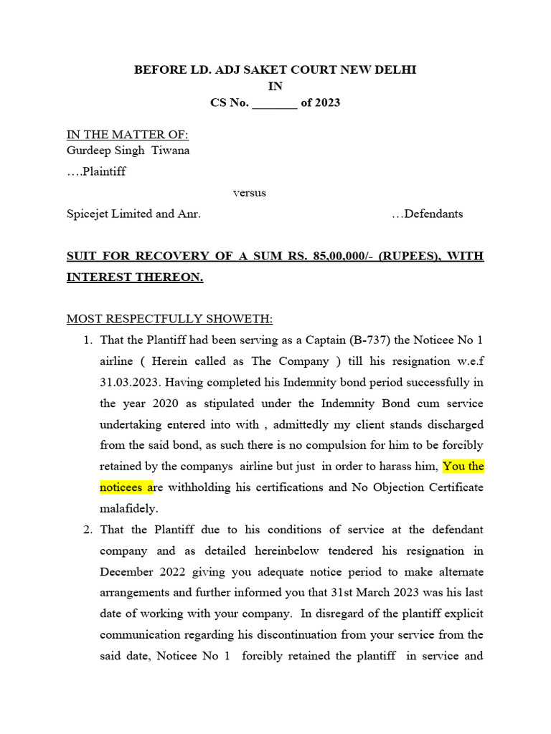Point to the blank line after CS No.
(x=275, y=103)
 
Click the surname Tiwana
(x=171, y=151)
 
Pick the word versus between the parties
(x=249, y=193)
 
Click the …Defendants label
(x=428, y=214)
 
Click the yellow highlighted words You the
(x=463, y=466)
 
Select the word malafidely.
(x=128, y=508)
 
